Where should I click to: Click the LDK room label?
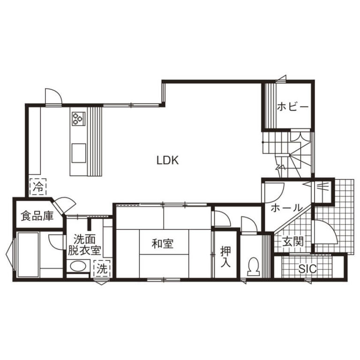(x=168, y=160)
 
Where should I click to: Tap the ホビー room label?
(x=292, y=107)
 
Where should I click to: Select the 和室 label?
(x=163, y=244)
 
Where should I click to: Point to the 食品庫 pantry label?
(x=37, y=216)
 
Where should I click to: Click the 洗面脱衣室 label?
(x=84, y=245)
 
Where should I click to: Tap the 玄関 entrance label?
(x=293, y=242)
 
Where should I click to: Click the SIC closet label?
(x=307, y=269)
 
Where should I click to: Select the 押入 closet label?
(x=225, y=257)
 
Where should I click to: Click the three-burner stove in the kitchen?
(x=79, y=119)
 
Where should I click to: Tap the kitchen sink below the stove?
(x=79, y=153)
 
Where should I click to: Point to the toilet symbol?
(x=253, y=266)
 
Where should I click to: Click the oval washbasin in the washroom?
(x=78, y=266)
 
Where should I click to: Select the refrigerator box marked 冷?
(x=37, y=187)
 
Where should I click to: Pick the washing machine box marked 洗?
(x=102, y=269)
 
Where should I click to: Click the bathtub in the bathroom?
(x=28, y=255)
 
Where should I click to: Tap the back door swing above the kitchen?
(x=53, y=97)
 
